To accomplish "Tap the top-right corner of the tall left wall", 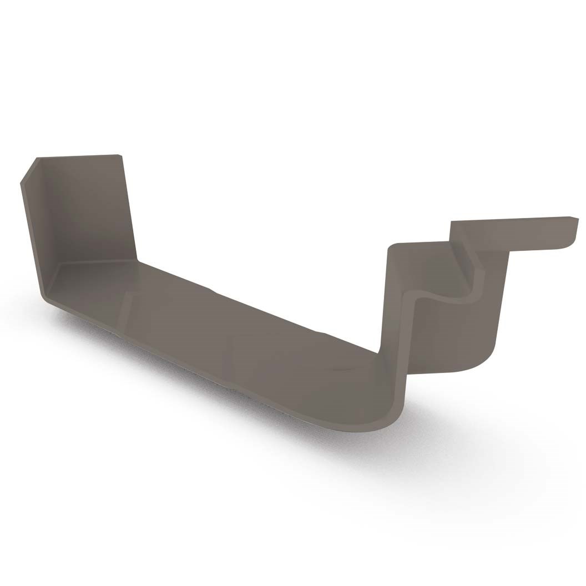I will coord(119,156).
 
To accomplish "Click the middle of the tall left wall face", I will coord(89,211).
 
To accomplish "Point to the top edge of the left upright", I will coord(78,157).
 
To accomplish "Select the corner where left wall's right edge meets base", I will coord(137,259).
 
